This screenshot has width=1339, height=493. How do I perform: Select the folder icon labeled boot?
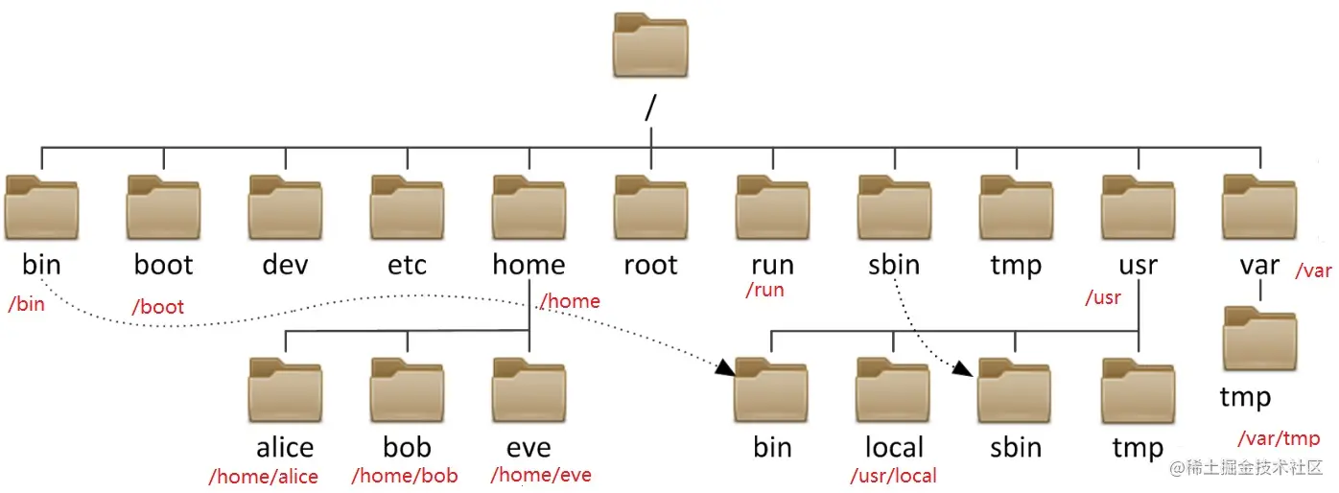[x=163, y=208]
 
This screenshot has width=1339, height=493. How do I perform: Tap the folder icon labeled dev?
[x=285, y=208]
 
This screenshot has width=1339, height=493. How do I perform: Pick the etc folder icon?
[x=408, y=208]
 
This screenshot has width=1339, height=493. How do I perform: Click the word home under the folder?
[x=529, y=265]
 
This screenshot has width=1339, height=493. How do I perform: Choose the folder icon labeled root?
[x=650, y=208]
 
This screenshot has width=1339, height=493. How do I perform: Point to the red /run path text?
[x=764, y=290]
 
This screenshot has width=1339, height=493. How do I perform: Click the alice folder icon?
[x=285, y=391]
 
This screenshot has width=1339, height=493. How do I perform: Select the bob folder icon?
[x=408, y=391]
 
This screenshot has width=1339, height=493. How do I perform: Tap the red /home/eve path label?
[x=541, y=475]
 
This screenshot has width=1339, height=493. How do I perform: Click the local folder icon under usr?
[x=893, y=391]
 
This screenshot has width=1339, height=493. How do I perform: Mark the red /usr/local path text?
[x=893, y=476]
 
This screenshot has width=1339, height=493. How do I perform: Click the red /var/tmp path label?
[x=1278, y=438]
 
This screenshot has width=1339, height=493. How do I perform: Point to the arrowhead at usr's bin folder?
[x=727, y=368]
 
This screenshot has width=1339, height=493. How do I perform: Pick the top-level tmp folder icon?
[x=1016, y=208]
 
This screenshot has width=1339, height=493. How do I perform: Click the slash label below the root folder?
[x=650, y=108]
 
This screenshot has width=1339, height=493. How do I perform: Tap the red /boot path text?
[x=158, y=308]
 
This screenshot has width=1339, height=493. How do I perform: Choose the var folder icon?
[x=1259, y=208]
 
